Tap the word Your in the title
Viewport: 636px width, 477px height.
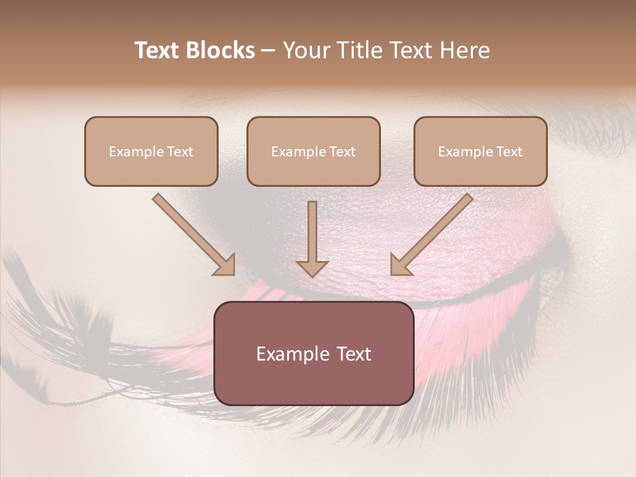pyautogui.click(x=305, y=50)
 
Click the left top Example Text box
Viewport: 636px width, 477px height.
pyautogui.click(x=151, y=151)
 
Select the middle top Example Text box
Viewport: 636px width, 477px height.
pyautogui.click(x=313, y=151)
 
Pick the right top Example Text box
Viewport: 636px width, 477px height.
pyautogui.click(x=480, y=151)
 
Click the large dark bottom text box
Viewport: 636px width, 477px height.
pyautogui.click(x=313, y=353)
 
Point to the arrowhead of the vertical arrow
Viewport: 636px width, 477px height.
pyautogui.click(x=312, y=268)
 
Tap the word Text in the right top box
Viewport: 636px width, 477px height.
pyautogui.click(x=509, y=152)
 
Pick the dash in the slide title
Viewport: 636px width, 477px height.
pyautogui.click(x=268, y=51)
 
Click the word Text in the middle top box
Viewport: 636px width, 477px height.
pyautogui.click(x=342, y=152)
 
